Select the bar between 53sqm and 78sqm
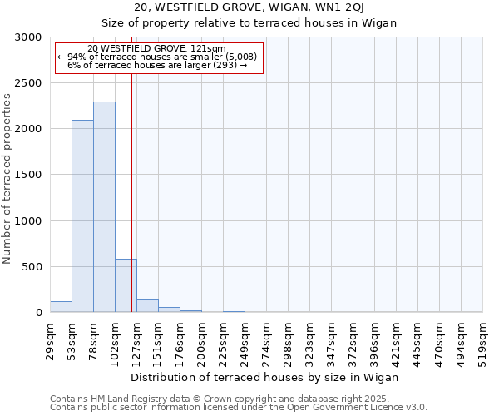pyautogui.click(x=82, y=216)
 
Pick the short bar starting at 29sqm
pyautogui.click(x=61, y=307)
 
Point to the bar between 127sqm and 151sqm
pyautogui.click(x=147, y=305)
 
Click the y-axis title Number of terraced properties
pyautogui.click(x=7, y=178)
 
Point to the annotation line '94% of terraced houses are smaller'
pyautogui.click(x=158, y=57)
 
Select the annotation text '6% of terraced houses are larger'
pyautogui.click(x=157, y=64)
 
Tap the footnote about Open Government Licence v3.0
pyautogui.click(x=238, y=407)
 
